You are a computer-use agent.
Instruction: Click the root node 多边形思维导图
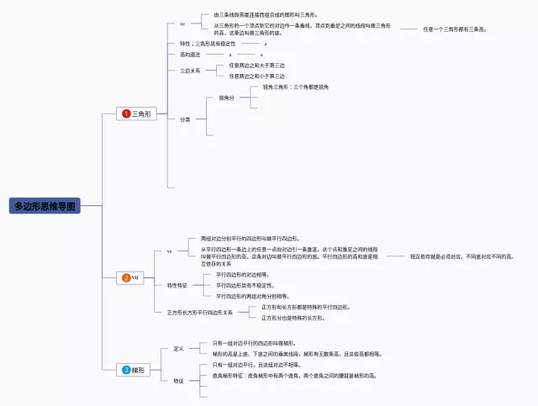45,205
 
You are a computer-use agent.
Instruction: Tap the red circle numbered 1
126,113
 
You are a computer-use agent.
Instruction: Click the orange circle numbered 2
126,277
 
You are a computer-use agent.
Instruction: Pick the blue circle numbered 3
126,369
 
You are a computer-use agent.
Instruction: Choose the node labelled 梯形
139,369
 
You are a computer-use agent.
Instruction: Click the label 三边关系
190,71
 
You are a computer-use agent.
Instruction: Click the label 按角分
226,98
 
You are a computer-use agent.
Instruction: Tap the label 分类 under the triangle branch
185,119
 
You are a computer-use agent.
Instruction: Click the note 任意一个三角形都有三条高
454,29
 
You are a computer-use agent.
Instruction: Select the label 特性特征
178,285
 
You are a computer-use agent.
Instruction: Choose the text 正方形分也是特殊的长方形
293,318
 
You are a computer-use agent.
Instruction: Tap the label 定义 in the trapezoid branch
178,348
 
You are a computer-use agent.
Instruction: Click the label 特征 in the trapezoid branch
178,381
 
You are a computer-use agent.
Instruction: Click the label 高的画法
190,54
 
